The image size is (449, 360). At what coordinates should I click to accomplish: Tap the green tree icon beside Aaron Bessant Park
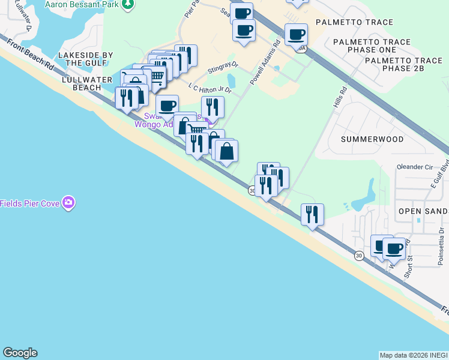[127, 4]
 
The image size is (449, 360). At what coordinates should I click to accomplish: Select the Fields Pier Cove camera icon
[69, 203]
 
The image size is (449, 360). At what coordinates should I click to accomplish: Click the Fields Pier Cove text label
[29, 203]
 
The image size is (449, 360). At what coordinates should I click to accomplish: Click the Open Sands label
[423, 211]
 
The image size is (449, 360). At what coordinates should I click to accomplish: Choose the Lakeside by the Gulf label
[85, 59]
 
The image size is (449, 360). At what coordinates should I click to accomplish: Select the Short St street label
[409, 267]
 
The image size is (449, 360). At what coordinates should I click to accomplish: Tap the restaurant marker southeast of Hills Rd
[312, 214]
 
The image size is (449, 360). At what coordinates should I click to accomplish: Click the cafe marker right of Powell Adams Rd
[296, 34]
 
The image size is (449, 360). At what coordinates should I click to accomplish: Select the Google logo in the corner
[20, 353]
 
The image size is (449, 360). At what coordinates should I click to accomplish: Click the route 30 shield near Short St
[359, 256]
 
